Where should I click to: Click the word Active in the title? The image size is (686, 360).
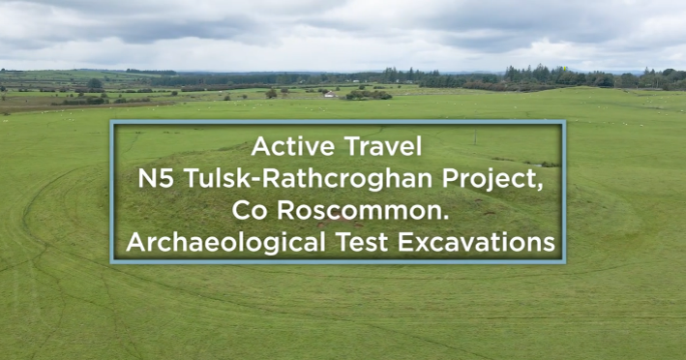click(292, 146)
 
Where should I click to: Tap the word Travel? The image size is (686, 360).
click(383, 146)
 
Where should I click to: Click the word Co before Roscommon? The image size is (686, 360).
click(249, 210)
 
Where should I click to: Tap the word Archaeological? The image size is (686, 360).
click(225, 243)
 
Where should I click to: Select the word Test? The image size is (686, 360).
click(361, 243)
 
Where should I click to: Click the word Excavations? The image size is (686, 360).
click(476, 243)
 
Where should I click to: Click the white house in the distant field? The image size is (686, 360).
click(329, 94)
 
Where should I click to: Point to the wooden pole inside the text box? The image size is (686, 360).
click(475, 136)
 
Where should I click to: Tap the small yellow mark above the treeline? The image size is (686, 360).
click(565, 69)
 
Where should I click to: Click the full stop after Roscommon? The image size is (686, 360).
click(446, 218)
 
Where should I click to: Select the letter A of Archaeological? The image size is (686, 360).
click(134, 243)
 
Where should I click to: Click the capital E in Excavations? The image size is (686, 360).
click(404, 243)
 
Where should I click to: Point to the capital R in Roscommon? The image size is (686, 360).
click(285, 210)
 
